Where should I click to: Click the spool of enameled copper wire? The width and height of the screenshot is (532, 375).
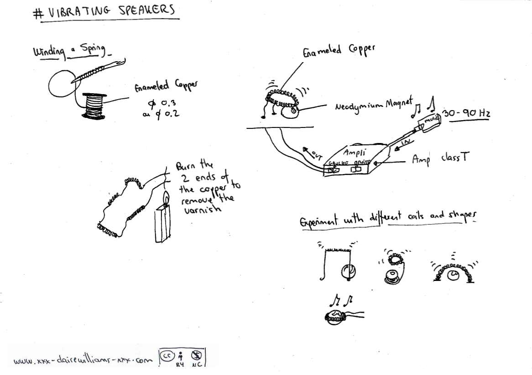point(95,106)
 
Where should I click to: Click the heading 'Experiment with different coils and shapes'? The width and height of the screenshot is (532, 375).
point(385,220)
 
